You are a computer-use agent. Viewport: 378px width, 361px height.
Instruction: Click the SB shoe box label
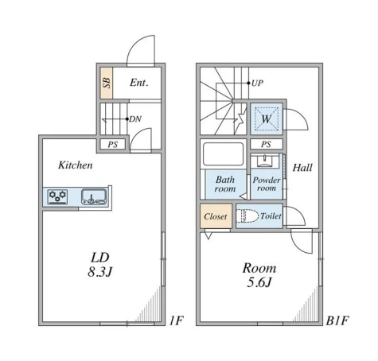click(107, 83)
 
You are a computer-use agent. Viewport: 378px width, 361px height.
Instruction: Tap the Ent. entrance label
click(139, 83)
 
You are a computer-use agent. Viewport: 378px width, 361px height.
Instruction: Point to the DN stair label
click(135, 119)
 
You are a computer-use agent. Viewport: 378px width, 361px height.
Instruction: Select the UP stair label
click(257, 83)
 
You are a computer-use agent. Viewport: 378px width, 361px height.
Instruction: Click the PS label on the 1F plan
click(113, 145)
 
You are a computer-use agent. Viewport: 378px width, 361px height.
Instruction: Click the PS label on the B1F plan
click(266, 144)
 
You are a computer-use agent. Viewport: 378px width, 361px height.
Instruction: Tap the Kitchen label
click(76, 165)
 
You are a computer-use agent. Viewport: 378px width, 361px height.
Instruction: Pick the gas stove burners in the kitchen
click(57, 196)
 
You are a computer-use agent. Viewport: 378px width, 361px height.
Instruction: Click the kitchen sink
click(94, 196)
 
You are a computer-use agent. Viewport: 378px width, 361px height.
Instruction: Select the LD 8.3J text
click(100, 265)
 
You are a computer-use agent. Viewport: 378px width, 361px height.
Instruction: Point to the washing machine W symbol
click(267, 118)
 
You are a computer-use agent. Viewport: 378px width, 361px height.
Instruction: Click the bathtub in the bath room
click(223, 154)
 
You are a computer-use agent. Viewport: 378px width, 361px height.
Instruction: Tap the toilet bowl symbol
click(247, 216)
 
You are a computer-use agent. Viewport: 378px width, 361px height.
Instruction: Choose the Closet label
click(216, 216)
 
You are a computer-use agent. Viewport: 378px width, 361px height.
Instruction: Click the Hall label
click(302, 168)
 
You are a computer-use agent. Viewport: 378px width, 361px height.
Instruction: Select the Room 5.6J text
click(259, 275)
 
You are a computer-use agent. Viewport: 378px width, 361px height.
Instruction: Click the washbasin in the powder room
click(264, 161)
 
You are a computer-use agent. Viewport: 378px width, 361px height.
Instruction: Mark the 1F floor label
click(177, 320)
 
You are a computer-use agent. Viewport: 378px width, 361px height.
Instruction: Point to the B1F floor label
click(337, 320)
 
